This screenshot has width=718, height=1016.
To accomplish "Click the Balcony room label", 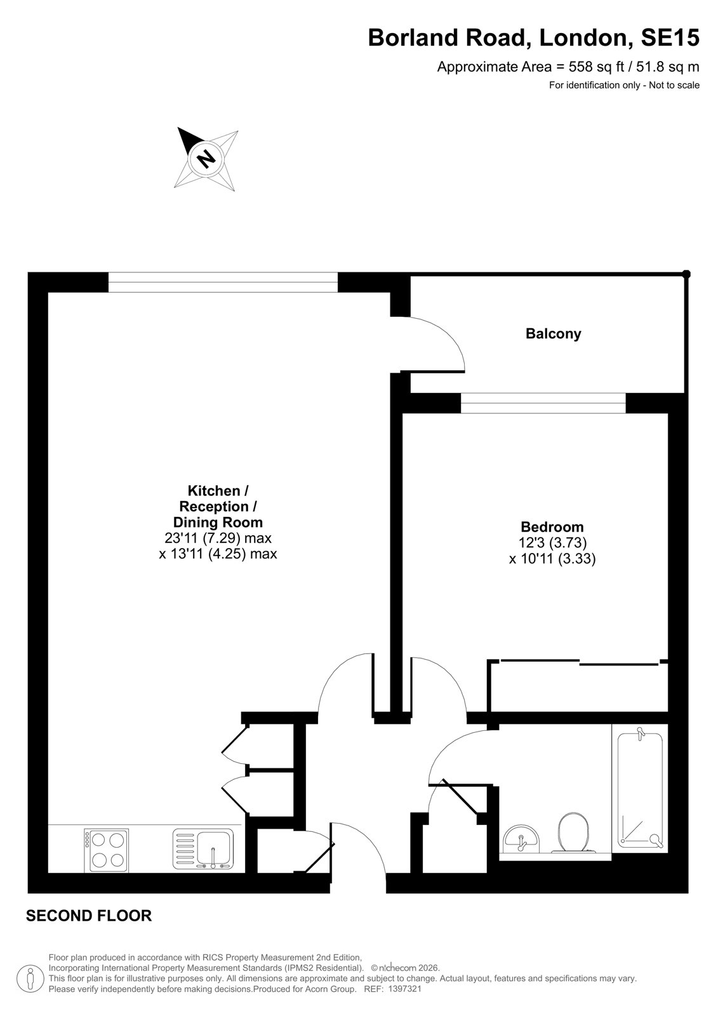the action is pyautogui.click(x=553, y=334).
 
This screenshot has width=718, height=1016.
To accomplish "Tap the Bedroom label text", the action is pyautogui.click(x=552, y=526).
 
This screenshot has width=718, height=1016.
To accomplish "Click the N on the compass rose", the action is pyautogui.click(x=206, y=158).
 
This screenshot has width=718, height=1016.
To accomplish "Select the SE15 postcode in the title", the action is pyautogui.click(x=670, y=37).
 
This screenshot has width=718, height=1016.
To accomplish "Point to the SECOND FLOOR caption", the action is pyautogui.click(x=89, y=916).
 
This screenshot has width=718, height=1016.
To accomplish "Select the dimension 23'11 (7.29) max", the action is pyautogui.click(x=218, y=538).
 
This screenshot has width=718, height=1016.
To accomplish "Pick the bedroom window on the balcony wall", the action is pyautogui.click(x=543, y=403).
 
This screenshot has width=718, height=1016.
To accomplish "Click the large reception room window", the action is pyautogui.click(x=223, y=282).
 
